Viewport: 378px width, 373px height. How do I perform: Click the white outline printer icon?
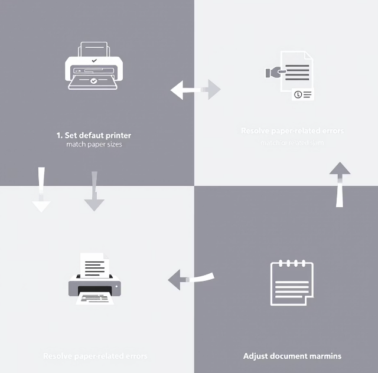point(93,66)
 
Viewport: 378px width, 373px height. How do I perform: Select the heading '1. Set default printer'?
point(94,135)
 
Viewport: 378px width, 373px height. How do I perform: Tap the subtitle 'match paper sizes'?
point(94,145)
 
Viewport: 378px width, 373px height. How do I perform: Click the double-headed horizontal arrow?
point(195,90)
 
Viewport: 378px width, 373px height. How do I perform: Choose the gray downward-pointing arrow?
point(94,192)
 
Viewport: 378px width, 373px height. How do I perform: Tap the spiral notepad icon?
point(291,283)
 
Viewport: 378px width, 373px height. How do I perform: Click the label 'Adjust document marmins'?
point(292,356)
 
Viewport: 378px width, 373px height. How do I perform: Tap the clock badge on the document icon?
point(298,94)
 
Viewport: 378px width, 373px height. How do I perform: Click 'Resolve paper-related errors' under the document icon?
point(292,130)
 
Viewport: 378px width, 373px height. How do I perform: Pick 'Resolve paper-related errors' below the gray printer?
point(95,356)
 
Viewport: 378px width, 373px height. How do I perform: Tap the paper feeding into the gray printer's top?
point(93,265)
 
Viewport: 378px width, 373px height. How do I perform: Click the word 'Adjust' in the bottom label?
point(255,356)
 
